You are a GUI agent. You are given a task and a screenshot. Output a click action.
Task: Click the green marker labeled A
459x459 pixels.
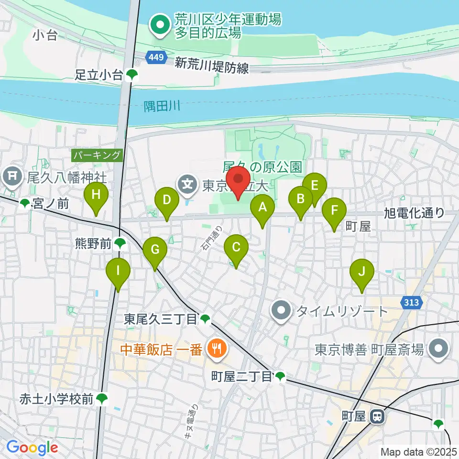[x=262, y=208]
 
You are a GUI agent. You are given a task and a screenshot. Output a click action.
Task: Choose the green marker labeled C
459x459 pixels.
[x=236, y=248]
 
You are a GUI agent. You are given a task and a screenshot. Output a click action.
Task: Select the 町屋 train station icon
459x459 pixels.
[x=377, y=416]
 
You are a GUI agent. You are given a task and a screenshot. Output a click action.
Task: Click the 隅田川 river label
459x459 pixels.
[x=162, y=106]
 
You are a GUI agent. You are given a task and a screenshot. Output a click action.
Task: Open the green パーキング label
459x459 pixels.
[x=98, y=155]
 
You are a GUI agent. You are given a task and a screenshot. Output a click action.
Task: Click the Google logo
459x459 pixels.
[x=32, y=448]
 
